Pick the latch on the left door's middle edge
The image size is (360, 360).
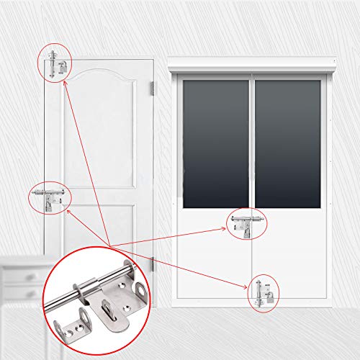(x=48, y=199)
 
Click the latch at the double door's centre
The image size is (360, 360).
(x=247, y=223)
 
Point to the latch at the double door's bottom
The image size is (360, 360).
(x=264, y=292)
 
